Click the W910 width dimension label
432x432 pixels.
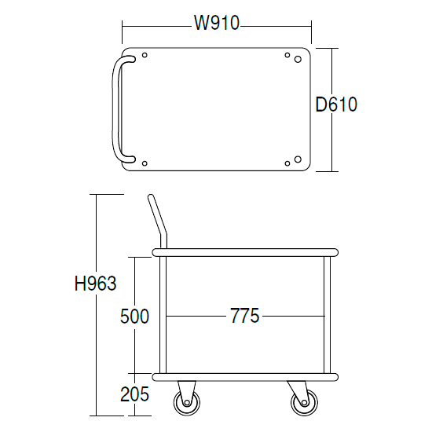tap(217, 23)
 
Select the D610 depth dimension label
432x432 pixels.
tap(336, 104)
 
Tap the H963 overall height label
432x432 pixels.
tap(96, 284)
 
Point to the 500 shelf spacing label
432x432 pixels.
tap(134, 316)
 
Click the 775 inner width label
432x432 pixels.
tap(244, 316)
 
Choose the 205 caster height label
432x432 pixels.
tap(134, 394)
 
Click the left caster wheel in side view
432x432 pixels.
tap(187, 402)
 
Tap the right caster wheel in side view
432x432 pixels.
tap(304, 402)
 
